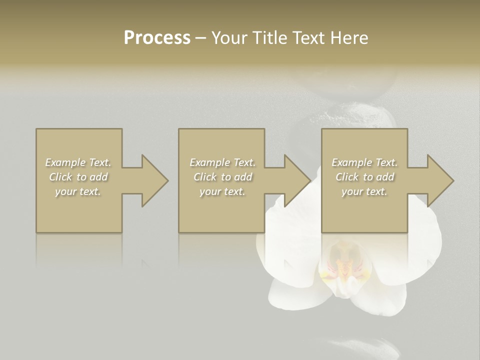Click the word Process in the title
click(157, 37)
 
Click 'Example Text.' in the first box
click(78, 162)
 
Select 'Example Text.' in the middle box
click(222, 162)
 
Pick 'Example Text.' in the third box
click(364, 162)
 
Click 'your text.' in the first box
click(78, 191)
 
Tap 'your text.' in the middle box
click(222, 191)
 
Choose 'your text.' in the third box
click(364, 191)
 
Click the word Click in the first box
click(60, 177)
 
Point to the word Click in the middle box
click(205, 177)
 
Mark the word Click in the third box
click(347, 177)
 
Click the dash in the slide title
click(201, 38)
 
